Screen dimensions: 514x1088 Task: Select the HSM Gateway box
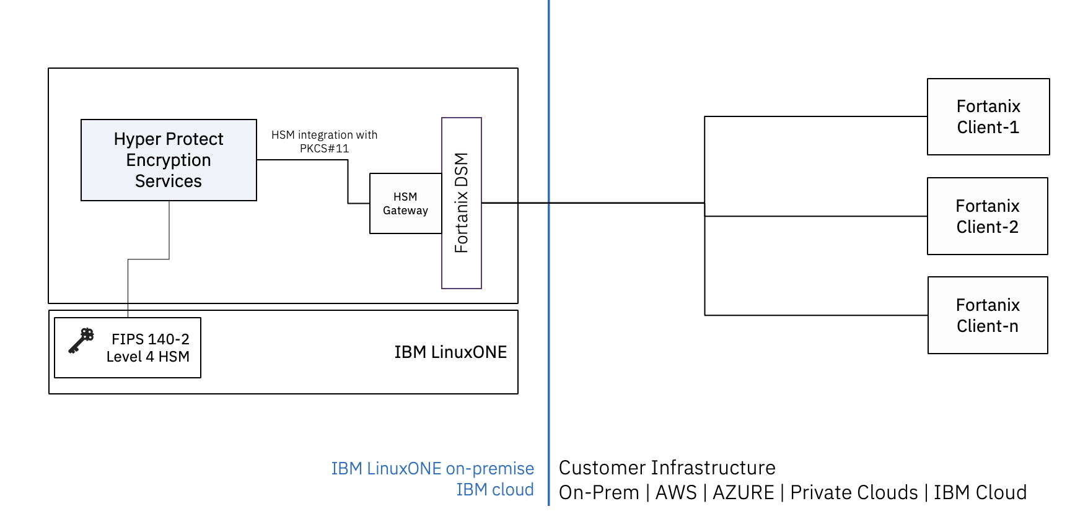pos(405,204)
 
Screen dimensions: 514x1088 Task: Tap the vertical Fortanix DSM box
pos(462,203)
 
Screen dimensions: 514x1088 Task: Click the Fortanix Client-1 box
pos(988,116)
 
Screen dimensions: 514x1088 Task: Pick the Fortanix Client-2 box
pos(987,216)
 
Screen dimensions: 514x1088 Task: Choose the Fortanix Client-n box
pos(987,315)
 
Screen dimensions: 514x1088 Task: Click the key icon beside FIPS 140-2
pos(81,341)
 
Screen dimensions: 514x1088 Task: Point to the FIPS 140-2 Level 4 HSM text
pos(148,348)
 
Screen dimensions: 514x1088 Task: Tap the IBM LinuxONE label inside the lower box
pos(450,352)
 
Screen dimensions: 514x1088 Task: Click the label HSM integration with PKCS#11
pos(324,142)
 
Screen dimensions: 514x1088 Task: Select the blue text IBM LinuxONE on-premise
pos(432,468)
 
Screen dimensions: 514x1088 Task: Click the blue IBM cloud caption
pos(494,490)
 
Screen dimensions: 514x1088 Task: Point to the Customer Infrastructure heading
pos(667,468)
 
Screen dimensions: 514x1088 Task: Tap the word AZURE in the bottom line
pos(743,493)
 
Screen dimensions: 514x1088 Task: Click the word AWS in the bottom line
pos(676,493)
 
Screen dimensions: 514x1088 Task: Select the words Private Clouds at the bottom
pos(854,493)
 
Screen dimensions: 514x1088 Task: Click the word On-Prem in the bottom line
pos(599,493)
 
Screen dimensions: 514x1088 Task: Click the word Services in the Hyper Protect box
pos(169,181)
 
